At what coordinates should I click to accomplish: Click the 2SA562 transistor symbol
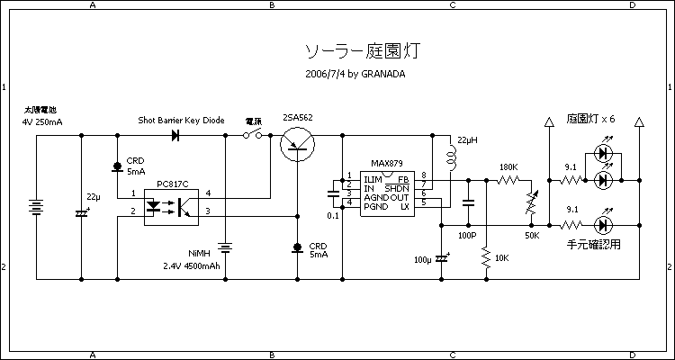[x=296, y=144]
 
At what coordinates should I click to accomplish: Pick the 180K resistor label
[x=508, y=167]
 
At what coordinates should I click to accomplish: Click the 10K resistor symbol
[x=486, y=259]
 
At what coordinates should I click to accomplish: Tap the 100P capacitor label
[x=467, y=235]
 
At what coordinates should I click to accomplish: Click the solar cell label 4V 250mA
[x=42, y=120]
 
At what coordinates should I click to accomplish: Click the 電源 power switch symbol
[x=254, y=135]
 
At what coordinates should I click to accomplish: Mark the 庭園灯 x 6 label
[x=591, y=119]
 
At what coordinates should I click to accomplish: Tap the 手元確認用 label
[x=594, y=243]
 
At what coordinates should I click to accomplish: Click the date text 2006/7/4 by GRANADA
[x=355, y=74]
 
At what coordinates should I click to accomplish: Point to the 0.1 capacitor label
[x=332, y=216]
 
